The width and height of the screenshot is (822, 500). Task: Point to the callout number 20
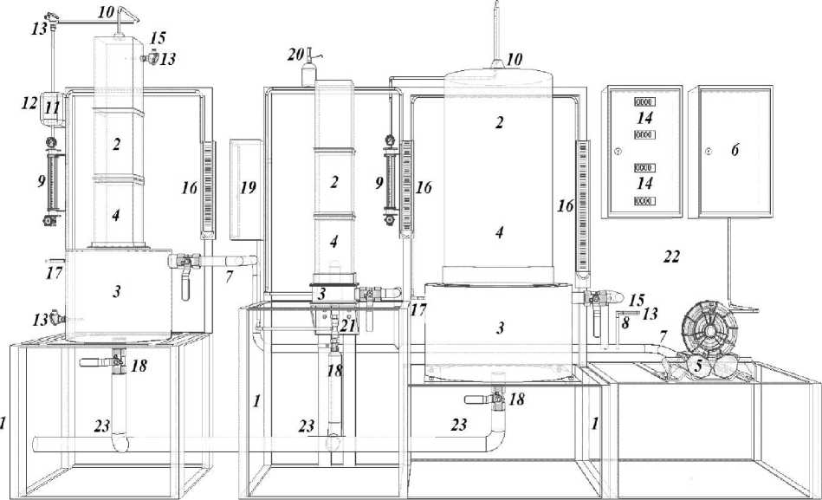[x=296, y=55]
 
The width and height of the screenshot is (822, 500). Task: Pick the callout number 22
[x=670, y=257]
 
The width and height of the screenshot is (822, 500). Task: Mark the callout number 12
[x=29, y=104]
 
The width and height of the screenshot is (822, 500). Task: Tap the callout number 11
[x=52, y=107]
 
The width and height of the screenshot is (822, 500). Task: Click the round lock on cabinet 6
[x=708, y=151]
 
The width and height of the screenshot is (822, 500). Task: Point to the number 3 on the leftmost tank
[x=116, y=292]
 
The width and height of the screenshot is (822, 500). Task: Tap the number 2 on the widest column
[x=499, y=123]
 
